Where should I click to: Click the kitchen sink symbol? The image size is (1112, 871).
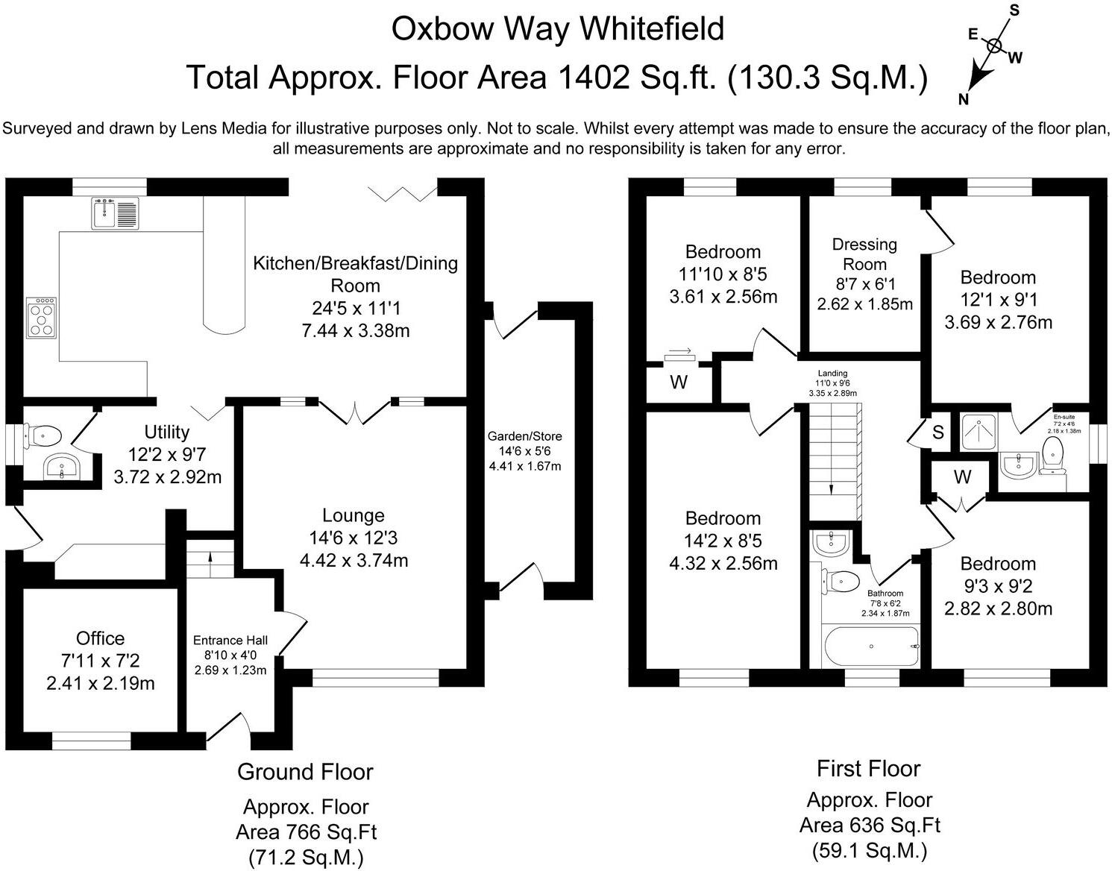coord(115,213)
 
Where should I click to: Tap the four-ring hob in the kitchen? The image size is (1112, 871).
coord(41,317)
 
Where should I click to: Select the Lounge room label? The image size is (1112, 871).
coord(354,515)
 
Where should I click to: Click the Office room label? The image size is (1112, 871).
coord(101,638)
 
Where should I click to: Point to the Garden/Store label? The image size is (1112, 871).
coord(525,436)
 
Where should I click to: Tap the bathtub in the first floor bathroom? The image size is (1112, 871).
coord(870,646)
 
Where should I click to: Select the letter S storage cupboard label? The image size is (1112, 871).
coord(938,433)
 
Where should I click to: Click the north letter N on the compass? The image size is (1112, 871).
coord(964,99)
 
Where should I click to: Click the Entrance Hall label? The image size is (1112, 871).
coord(230,640)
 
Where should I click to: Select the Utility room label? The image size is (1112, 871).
coord(167,432)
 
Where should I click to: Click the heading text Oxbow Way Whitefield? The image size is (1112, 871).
coord(557,29)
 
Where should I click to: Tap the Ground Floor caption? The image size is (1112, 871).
coord(305,772)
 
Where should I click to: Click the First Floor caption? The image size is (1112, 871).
coord(869,768)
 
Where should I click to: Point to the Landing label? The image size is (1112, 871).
coord(832,374)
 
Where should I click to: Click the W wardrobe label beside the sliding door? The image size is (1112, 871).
coord(678,383)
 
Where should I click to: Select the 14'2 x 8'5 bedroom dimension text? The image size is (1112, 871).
coord(723,541)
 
